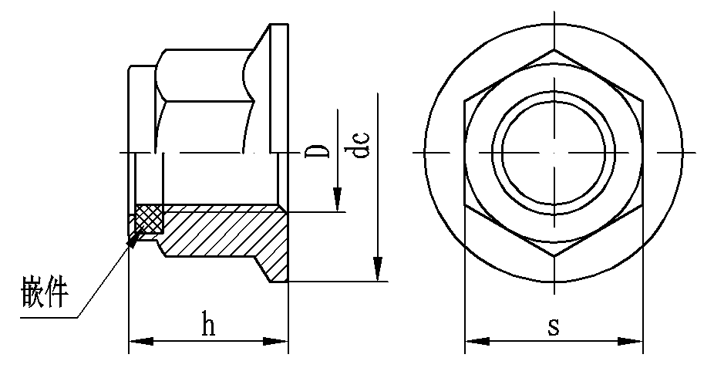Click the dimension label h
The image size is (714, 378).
click(207, 325)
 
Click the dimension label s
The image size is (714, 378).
click(553, 326)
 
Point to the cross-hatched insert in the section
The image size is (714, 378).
click(149, 218)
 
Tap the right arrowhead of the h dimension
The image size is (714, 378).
click(278, 341)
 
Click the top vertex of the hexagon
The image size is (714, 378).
click(554, 50)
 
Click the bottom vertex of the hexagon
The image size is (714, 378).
click(554, 256)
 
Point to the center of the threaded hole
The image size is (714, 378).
click(554, 153)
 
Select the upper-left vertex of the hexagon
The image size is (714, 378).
click(465, 101)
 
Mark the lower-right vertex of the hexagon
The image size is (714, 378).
click(642, 204)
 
